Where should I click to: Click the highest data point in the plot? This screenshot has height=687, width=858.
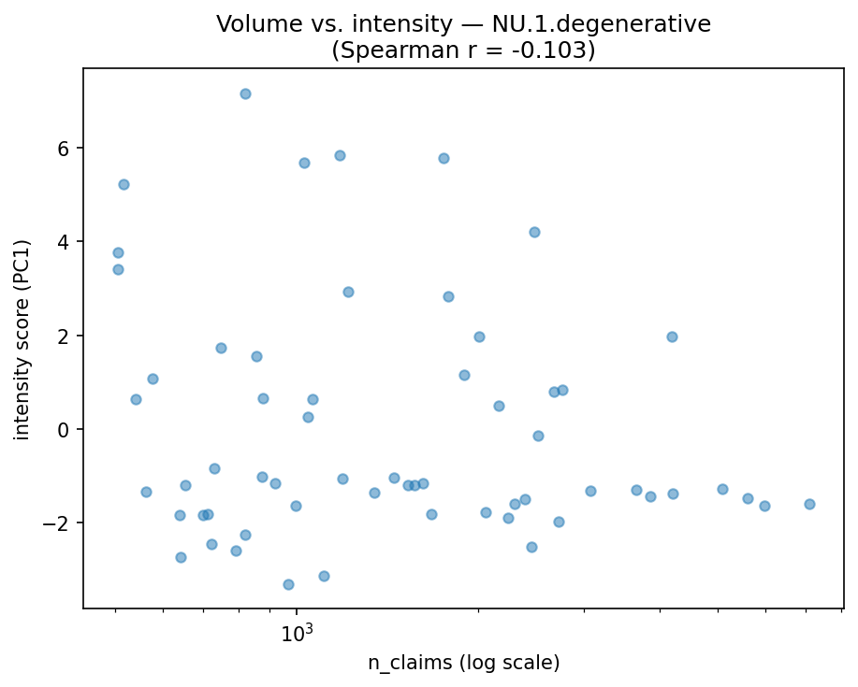(245, 93)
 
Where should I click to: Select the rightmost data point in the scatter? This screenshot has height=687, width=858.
(809, 504)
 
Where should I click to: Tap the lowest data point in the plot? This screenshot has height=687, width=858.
(288, 584)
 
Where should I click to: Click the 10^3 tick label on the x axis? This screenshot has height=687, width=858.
(296, 634)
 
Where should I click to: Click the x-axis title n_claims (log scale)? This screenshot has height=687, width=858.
(463, 664)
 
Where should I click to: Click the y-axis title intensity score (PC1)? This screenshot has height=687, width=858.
(22, 339)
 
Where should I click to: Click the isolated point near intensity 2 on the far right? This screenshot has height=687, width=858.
(672, 336)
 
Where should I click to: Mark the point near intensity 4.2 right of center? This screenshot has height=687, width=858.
(534, 232)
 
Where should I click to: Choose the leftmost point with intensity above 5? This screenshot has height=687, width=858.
(124, 184)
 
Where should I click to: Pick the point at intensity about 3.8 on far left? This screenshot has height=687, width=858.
(118, 252)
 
